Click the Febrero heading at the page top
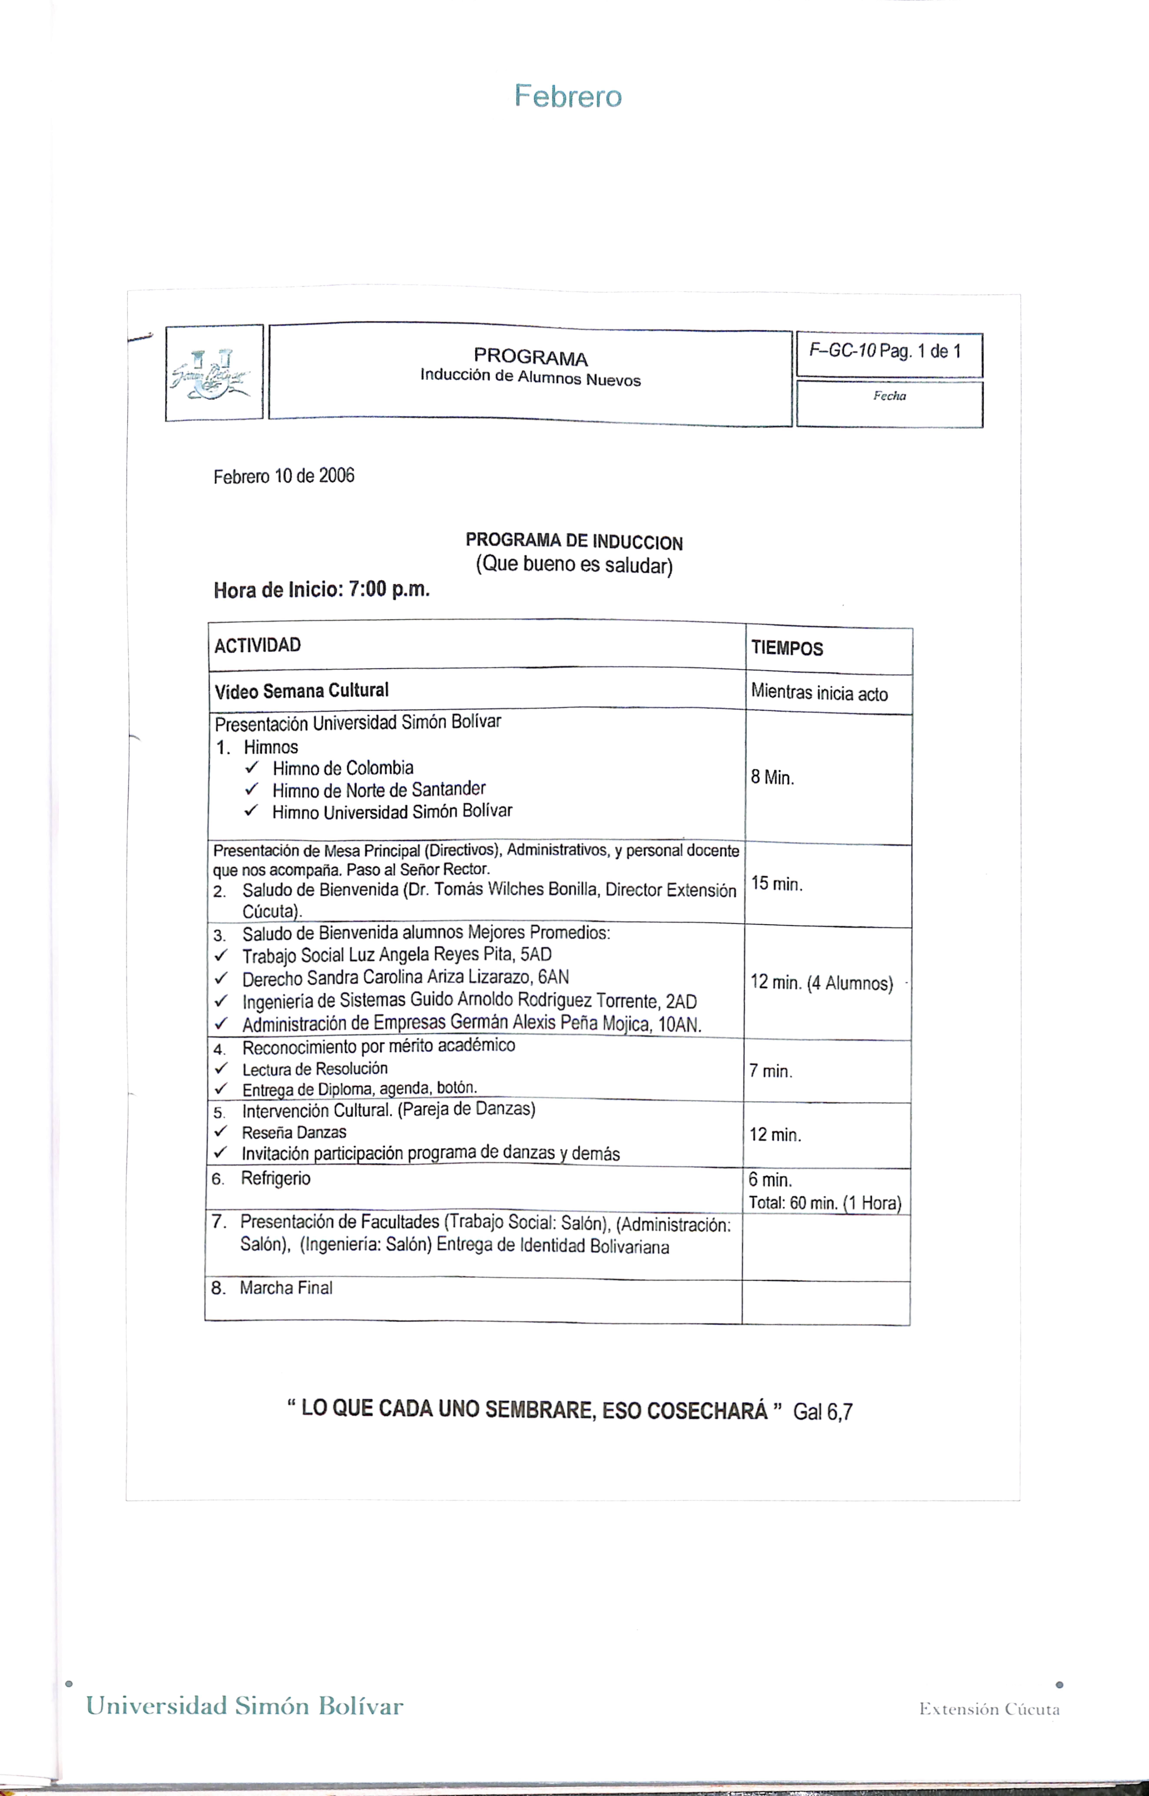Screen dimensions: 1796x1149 pyautogui.click(x=568, y=96)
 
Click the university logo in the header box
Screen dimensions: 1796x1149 pyautogui.click(x=213, y=373)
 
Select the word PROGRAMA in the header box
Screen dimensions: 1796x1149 pyautogui.click(x=530, y=358)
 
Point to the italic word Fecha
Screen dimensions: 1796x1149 pyautogui.click(x=889, y=396)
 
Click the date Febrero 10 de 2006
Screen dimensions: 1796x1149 pyautogui.click(x=283, y=476)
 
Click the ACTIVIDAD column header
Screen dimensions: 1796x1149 pyautogui.click(x=257, y=645)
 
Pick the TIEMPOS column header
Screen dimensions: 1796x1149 pyautogui.click(x=786, y=648)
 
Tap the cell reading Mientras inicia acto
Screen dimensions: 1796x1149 pyautogui.click(x=819, y=693)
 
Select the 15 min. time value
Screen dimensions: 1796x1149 pyautogui.click(x=777, y=884)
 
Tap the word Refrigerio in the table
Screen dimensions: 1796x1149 pyautogui.click(x=275, y=1178)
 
